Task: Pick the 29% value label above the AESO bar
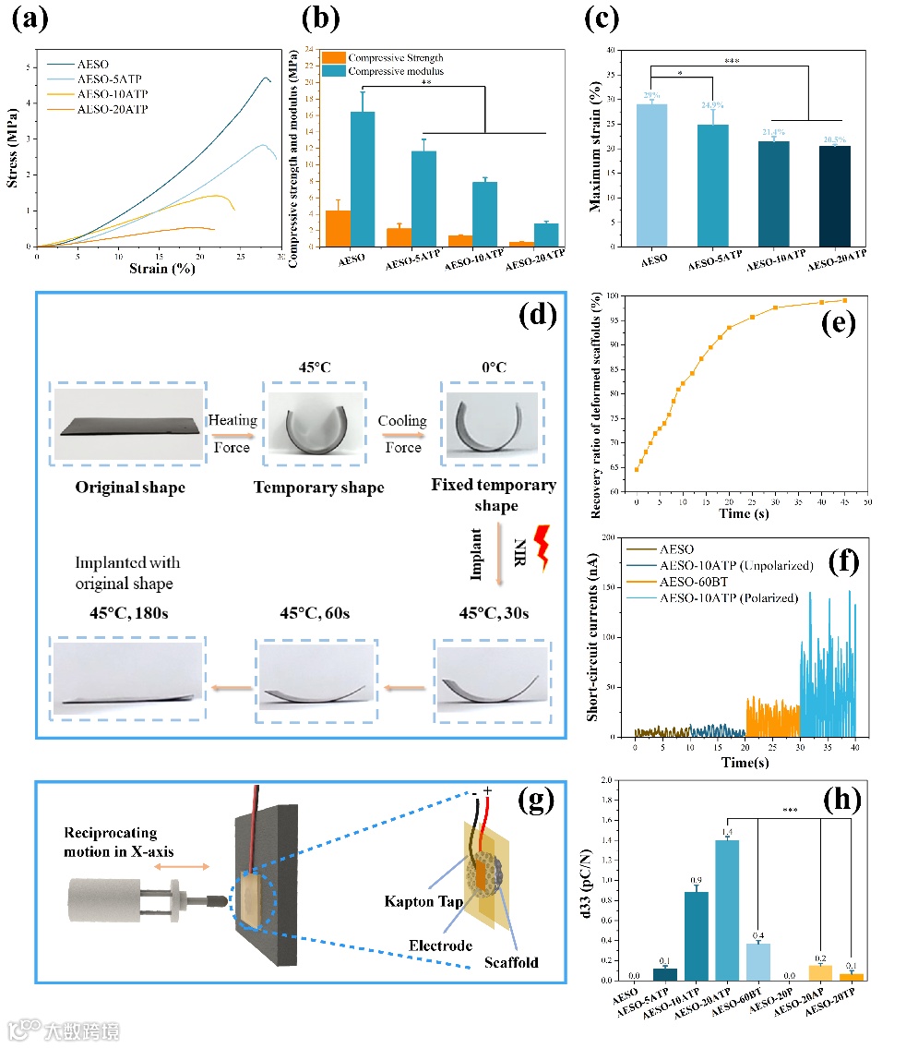[x=651, y=96]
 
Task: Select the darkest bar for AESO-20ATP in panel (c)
[x=827, y=196]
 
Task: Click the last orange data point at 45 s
[x=844, y=300]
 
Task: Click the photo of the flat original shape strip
[x=129, y=426]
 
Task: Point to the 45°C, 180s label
[x=122, y=613]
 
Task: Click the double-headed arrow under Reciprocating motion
[x=180, y=867]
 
